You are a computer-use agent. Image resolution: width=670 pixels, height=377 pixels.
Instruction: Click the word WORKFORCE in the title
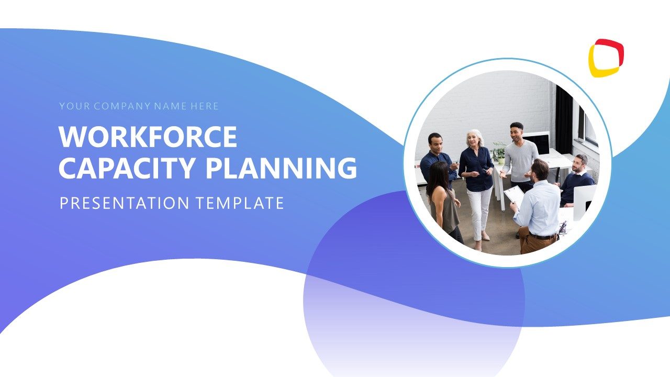tap(148, 137)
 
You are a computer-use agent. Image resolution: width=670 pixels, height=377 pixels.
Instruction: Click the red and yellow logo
tap(606, 58)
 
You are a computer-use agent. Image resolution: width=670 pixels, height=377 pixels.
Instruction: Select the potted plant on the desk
tap(499, 152)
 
